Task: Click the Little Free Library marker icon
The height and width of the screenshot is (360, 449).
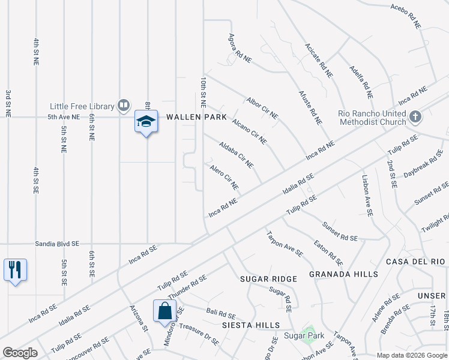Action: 123,106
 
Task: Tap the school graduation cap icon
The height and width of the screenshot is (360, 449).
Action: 146,121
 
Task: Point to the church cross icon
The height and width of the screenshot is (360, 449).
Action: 415,118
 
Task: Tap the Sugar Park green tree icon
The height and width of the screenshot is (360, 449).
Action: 309,332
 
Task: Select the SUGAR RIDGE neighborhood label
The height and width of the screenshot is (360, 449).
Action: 268,279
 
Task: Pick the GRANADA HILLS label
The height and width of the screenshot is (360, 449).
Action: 343,274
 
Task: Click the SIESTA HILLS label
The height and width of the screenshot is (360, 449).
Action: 252,325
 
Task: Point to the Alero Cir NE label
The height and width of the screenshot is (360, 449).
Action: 224,177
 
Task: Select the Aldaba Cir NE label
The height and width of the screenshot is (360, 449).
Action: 237,155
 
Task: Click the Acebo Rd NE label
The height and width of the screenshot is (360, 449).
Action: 406,15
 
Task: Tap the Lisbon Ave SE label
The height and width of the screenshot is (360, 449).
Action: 367,195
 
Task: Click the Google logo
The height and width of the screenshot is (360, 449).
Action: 20,353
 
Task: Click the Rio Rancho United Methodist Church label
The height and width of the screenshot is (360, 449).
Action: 372,118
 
